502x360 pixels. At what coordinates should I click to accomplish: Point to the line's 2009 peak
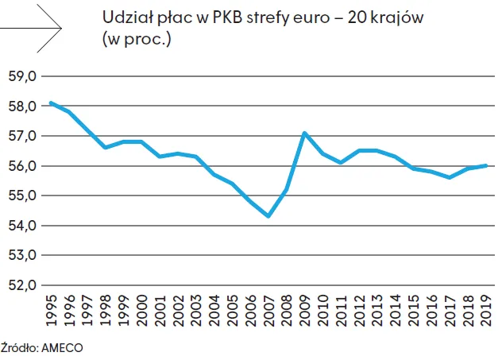(305, 133)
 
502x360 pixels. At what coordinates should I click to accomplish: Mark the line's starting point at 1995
(52, 103)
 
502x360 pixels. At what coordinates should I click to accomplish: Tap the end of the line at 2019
(485, 165)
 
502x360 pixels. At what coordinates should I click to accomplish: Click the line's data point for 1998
(106, 148)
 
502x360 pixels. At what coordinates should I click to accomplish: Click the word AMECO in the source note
(63, 347)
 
